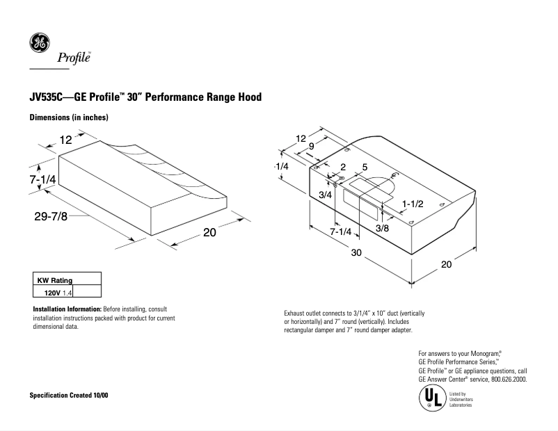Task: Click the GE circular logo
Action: [x=39, y=43]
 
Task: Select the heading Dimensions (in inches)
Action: [x=68, y=117]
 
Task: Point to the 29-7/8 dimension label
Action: [x=51, y=216]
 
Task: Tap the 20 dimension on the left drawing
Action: [x=209, y=234]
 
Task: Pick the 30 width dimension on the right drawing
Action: [x=356, y=253]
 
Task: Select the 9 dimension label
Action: [x=312, y=147]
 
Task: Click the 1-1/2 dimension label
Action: [x=413, y=202]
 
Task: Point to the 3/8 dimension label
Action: [x=382, y=228]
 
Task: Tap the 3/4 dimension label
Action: [x=324, y=195]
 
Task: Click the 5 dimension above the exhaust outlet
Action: [x=365, y=168]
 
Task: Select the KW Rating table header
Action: [x=54, y=280]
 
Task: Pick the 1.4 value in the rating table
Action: [x=67, y=293]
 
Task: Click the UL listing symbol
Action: [x=429, y=399]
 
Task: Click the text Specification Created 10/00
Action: [x=68, y=396]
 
